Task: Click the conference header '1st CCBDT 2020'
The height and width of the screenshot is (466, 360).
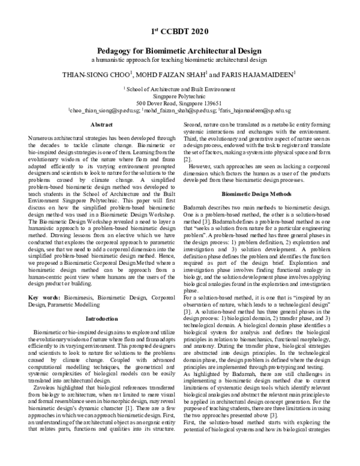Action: coord(179,31)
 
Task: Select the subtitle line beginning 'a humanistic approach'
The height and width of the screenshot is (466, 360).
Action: coord(179,61)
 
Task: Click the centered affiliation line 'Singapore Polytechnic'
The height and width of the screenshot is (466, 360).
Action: coord(179,95)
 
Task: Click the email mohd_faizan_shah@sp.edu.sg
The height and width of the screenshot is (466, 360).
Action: coord(177,110)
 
